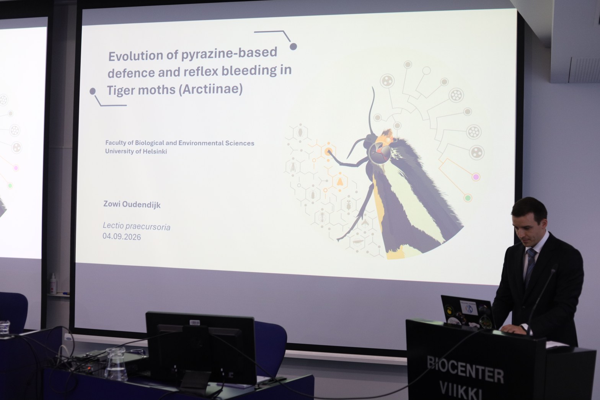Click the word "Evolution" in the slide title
click(x=135, y=56)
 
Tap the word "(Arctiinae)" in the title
click(x=210, y=89)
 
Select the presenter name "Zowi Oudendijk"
click(x=132, y=205)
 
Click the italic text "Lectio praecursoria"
click(x=137, y=227)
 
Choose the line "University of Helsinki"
click(x=136, y=151)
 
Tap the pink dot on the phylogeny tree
click(x=476, y=177)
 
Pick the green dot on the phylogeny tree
click(x=468, y=198)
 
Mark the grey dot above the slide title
click(x=293, y=47)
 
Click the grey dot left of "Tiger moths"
click(x=93, y=91)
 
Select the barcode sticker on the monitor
click(x=194, y=322)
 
